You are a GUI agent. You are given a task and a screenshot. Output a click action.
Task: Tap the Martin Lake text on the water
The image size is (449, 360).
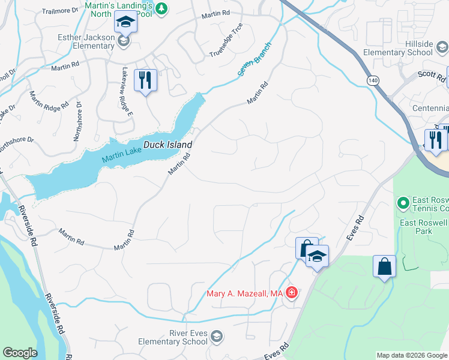click(x=121, y=157)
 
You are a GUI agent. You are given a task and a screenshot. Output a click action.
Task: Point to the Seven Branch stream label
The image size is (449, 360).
click(x=255, y=59)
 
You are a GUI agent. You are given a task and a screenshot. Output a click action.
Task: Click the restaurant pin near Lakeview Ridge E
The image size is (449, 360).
click(x=145, y=80)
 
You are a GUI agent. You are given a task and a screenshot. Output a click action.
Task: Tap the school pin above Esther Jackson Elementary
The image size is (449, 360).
click(x=125, y=22)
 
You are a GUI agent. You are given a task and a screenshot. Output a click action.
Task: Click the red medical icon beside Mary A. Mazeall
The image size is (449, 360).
click(x=292, y=293)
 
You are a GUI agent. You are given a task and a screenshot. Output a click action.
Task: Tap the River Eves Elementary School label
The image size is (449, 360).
click(x=172, y=337)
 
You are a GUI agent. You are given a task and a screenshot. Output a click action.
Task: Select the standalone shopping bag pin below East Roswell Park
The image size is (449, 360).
click(x=384, y=266)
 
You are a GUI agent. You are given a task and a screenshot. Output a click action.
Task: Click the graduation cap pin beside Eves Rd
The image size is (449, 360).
click(x=317, y=257)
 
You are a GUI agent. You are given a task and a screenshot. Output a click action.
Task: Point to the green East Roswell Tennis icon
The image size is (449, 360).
click(x=402, y=202)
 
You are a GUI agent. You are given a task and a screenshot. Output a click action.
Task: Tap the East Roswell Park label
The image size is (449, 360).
click(x=424, y=226)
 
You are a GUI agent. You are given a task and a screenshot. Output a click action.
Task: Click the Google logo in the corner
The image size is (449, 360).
click(x=20, y=353)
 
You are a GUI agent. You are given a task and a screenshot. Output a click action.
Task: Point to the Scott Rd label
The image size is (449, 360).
click(x=432, y=76)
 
